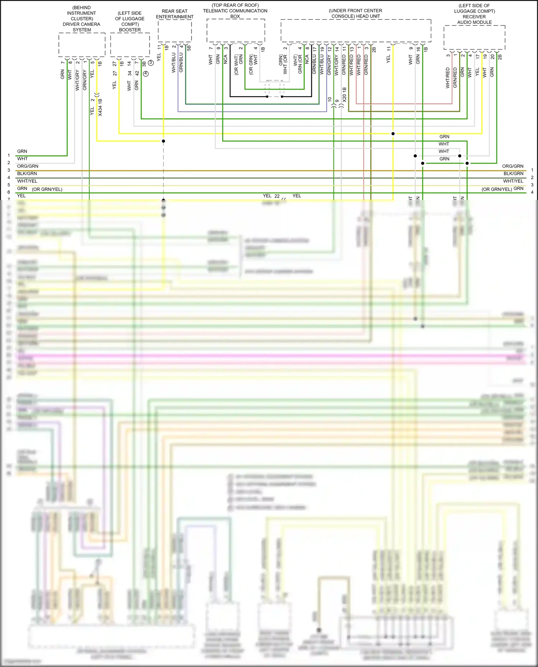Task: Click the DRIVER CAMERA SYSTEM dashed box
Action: coord(82,45)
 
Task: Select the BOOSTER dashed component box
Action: coord(130,44)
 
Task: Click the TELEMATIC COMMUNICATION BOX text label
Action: coord(235,11)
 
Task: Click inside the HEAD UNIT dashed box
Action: coord(356,30)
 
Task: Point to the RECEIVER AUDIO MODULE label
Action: coord(474,19)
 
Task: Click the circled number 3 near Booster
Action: coord(151,63)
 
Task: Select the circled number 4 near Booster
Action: coord(146,73)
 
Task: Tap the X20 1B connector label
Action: coord(345,95)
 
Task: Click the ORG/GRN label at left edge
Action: coord(28,166)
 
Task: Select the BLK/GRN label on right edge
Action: coord(513,173)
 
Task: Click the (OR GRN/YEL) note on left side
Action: coord(47,189)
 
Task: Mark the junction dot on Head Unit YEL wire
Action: coord(393,134)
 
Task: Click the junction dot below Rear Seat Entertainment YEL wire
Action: coord(163,141)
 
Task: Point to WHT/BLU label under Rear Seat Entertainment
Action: coord(174,63)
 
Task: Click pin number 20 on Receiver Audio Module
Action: coord(492,57)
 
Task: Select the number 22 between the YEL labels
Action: coord(277,196)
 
